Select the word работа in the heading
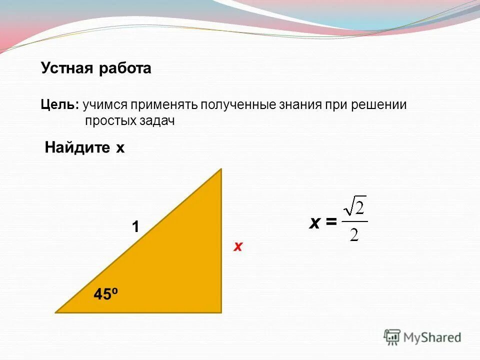pyautogui.click(x=124, y=68)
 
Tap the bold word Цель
pyautogui.click(x=58, y=105)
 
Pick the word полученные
pyautogui.click(x=237, y=105)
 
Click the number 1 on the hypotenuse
pyautogui.click(x=135, y=227)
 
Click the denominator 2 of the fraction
pyautogui.click(x=354, y=234)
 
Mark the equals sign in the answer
pyautogui.click(x=330, y=223)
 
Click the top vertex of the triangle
pyautogui.click(x=220, y=170)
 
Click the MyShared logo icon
pyautogui.click(x=392, y=337)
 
